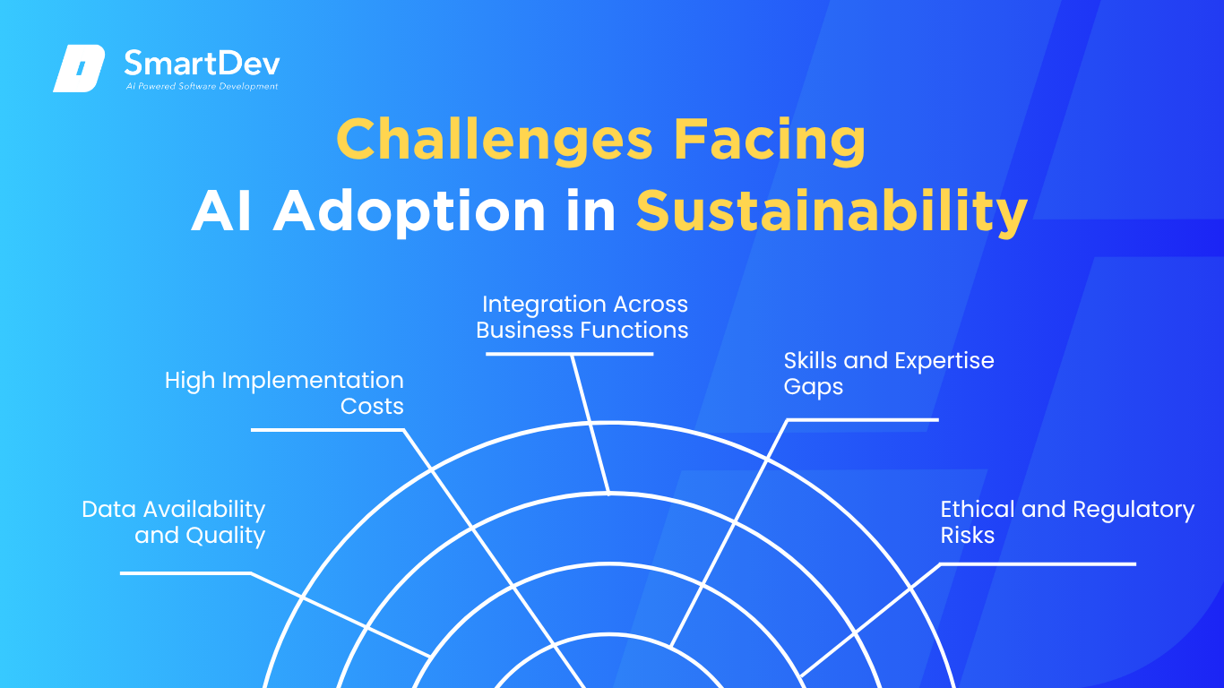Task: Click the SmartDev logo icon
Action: [79, 68]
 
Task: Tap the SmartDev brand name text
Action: [203, 64]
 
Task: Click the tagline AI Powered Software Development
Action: [203, 86]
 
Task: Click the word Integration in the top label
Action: [544, 305]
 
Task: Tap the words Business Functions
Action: [582, 330]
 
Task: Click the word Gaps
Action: [813, 387]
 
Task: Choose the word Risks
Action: [967, 536]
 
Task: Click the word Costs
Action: [372, 407]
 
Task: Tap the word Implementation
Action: [313, 382]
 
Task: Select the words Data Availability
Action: [173, 510]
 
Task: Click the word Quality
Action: [226, 536]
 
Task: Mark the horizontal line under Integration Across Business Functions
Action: [569, 354]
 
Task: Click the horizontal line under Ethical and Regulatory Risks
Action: [1039, 564]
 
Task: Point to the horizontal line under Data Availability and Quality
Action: [185, 573]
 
